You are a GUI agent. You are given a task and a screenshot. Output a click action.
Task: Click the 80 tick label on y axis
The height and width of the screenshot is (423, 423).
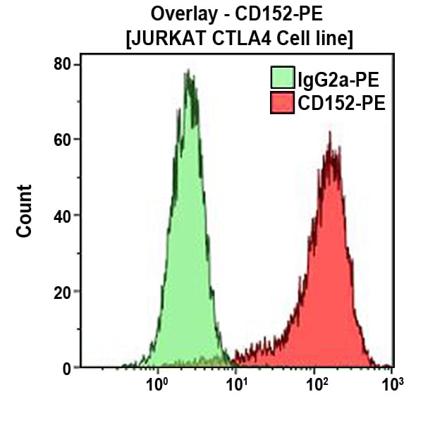(63, 64)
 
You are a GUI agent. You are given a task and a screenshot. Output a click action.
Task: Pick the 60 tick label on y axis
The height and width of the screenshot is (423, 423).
(63, 140)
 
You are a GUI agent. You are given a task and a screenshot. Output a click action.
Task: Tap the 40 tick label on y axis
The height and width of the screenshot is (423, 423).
(63, 216)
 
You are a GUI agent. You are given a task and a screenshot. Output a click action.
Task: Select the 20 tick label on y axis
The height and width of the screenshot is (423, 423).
(63, 291)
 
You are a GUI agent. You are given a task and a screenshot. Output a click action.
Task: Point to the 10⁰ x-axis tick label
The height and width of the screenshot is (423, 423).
(157, 386)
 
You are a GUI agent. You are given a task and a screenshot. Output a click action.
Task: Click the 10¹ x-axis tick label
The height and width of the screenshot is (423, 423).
(235, 386)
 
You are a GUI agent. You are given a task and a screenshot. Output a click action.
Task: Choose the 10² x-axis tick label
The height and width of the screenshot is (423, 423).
(314, 386)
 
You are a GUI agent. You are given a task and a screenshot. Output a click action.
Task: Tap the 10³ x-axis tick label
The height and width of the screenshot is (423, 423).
(392, 386)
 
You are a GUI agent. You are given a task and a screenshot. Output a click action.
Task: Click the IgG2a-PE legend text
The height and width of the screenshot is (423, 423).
(332, 78)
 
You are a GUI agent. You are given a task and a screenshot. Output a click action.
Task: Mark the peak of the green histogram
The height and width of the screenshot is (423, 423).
(188, 71)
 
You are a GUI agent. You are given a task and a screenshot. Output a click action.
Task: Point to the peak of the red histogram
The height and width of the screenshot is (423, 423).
(329, 133)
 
